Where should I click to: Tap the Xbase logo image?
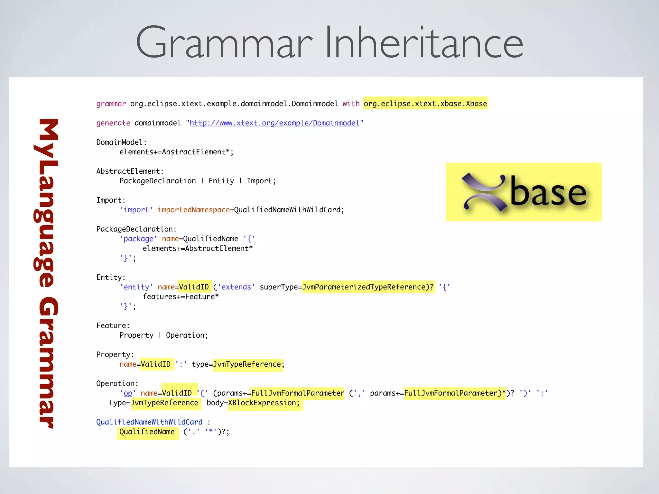(524, 192)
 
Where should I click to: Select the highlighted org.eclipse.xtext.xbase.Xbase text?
(425, 104)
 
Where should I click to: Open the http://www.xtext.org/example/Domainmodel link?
(274, 123)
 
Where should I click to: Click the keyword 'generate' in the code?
(113, 123)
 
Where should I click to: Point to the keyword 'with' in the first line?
(351, 104)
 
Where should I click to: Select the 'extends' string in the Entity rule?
(236, 287)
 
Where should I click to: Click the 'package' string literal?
(138, 239)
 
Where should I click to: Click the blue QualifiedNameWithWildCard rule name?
(149, 422)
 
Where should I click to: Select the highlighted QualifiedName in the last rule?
(147, 432)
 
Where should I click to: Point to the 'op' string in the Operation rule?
(128, 393)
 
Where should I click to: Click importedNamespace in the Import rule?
(194, 210)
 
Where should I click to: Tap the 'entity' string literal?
(136, 287)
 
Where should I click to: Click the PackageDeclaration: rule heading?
(136, 229)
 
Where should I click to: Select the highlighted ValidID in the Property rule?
(156, 364)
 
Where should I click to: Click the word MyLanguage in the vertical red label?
(47, 203)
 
